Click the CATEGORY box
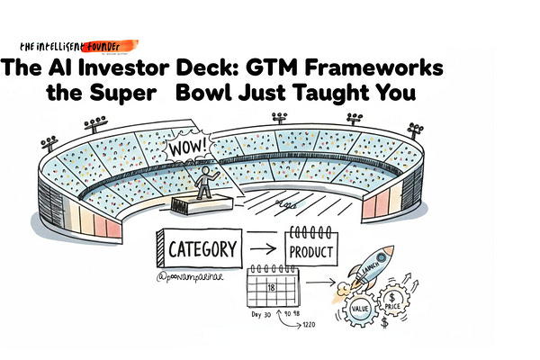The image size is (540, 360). [x=203, y=247]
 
